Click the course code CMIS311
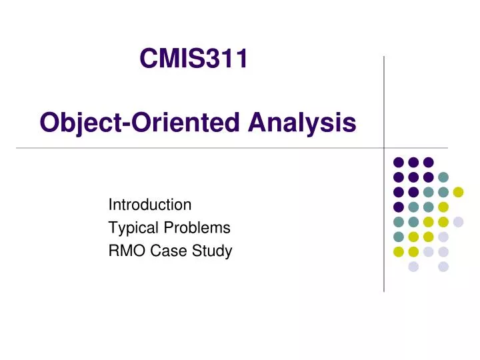coord(193,58)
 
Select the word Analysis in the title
coord(302,123)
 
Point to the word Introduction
coord(150,205)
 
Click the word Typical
coord(133,228)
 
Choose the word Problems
coord(197,227)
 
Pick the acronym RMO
coord(127,251)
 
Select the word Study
coord(212,251)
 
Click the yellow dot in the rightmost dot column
coord(458,192)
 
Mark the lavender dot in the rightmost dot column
coord(458,222)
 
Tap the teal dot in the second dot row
coord(443,177)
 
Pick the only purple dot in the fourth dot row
coord(399,207)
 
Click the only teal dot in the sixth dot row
coord(399,237)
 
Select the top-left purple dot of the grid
coord(399,162)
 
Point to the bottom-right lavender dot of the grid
coord(443,267)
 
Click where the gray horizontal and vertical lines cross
coord(384,148)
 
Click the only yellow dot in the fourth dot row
coord(443,207)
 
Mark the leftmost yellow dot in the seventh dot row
coord(399,251)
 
